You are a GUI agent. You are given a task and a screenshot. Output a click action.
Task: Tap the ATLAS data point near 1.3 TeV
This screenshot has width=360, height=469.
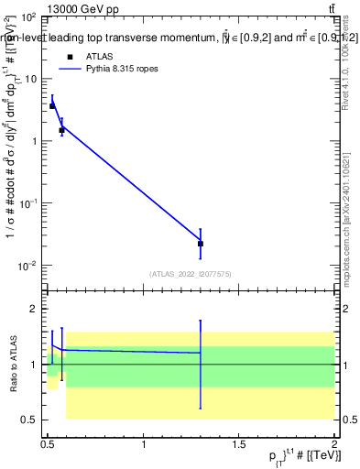point(201,244)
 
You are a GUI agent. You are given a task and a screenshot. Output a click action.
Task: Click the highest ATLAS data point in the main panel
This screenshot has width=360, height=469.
point(52,106)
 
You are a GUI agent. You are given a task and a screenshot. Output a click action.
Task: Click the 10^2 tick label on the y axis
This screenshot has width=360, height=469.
point(28,17)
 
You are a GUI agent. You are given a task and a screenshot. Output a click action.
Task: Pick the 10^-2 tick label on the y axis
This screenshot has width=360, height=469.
point(27,266)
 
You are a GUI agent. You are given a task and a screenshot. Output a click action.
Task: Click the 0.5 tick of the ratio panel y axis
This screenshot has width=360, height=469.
point(31,420)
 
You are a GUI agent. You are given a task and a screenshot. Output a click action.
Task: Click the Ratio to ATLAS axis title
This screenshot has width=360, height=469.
point(11,365)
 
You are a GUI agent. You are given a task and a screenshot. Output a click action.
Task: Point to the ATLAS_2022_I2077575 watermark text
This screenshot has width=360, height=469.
point(191,273)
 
